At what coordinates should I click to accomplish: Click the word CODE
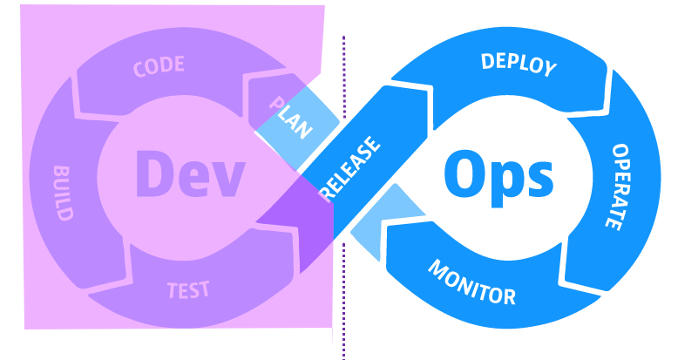pos(159,66)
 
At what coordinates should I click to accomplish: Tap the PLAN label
pos(290,118)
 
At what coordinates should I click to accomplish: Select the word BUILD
pos(63,193)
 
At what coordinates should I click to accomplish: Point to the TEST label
pos(188,290)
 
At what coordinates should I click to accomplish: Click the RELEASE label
pos(351,168)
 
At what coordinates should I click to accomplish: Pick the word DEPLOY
pos(519,65)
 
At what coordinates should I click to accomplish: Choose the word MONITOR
pos(471,282)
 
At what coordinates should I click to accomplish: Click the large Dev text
pos(191,174)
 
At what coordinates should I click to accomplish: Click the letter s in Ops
pos(539,180)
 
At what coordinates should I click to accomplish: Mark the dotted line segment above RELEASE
pos(343,77)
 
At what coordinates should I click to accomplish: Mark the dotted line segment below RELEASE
pos(343,301)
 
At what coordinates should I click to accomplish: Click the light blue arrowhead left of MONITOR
pos(383,221)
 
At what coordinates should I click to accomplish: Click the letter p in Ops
pos(504,184)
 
